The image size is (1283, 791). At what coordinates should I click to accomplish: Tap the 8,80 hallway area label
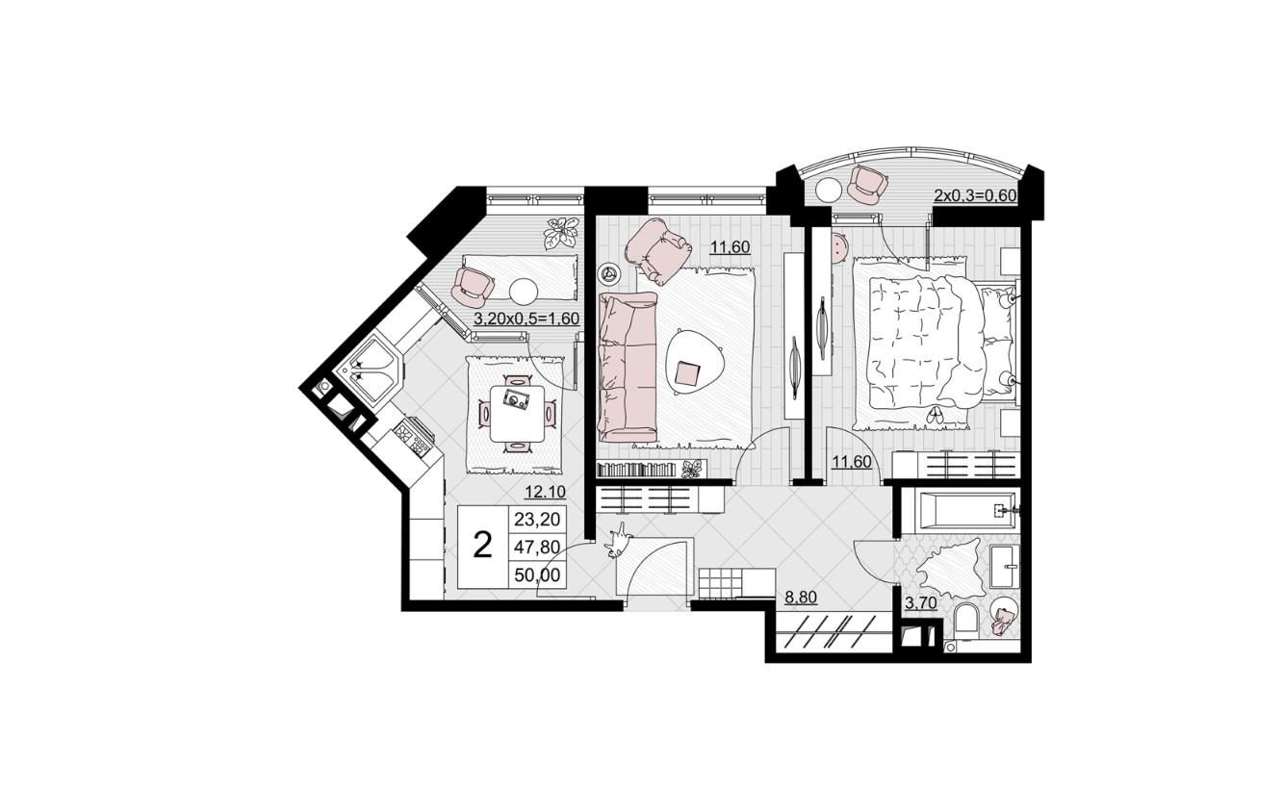coord(801,598)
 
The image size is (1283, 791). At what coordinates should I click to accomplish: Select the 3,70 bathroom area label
coord(921,602)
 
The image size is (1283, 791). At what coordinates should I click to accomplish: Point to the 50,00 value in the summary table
coord(537,574)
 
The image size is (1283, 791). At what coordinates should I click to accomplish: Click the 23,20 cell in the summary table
coord(537,520)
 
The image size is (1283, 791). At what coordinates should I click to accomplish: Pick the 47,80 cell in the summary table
coord(537,547)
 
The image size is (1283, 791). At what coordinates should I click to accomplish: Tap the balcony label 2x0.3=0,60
coord(975,196)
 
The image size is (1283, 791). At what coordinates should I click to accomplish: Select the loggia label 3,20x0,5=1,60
coord(526,319)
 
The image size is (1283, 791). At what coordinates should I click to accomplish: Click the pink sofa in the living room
coord(627,367)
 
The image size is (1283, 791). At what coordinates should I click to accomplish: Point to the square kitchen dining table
coord(517,413)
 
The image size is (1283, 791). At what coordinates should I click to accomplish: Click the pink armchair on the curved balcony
coord(867,185)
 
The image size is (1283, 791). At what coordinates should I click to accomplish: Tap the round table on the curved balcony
coord(828,190)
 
